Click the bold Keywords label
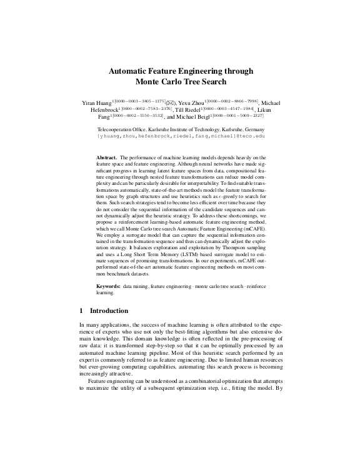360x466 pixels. (x=109, y=285)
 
